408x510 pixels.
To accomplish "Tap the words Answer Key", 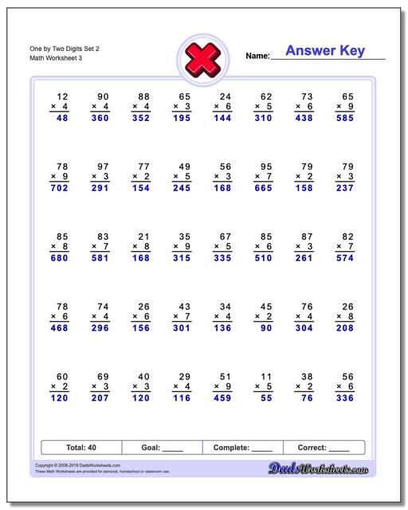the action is point(325,51).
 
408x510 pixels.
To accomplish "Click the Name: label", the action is point(257,57).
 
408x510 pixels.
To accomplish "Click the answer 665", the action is point(263,189).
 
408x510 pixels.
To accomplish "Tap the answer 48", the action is point(62,117).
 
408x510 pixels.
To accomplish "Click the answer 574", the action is point(344,258).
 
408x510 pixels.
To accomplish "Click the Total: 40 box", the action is point(81,448).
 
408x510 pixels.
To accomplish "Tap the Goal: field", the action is point(163,448).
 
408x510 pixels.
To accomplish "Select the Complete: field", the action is point(243,448).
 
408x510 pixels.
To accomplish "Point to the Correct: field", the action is point(324,448).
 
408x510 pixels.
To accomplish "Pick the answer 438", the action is point(304,117).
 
